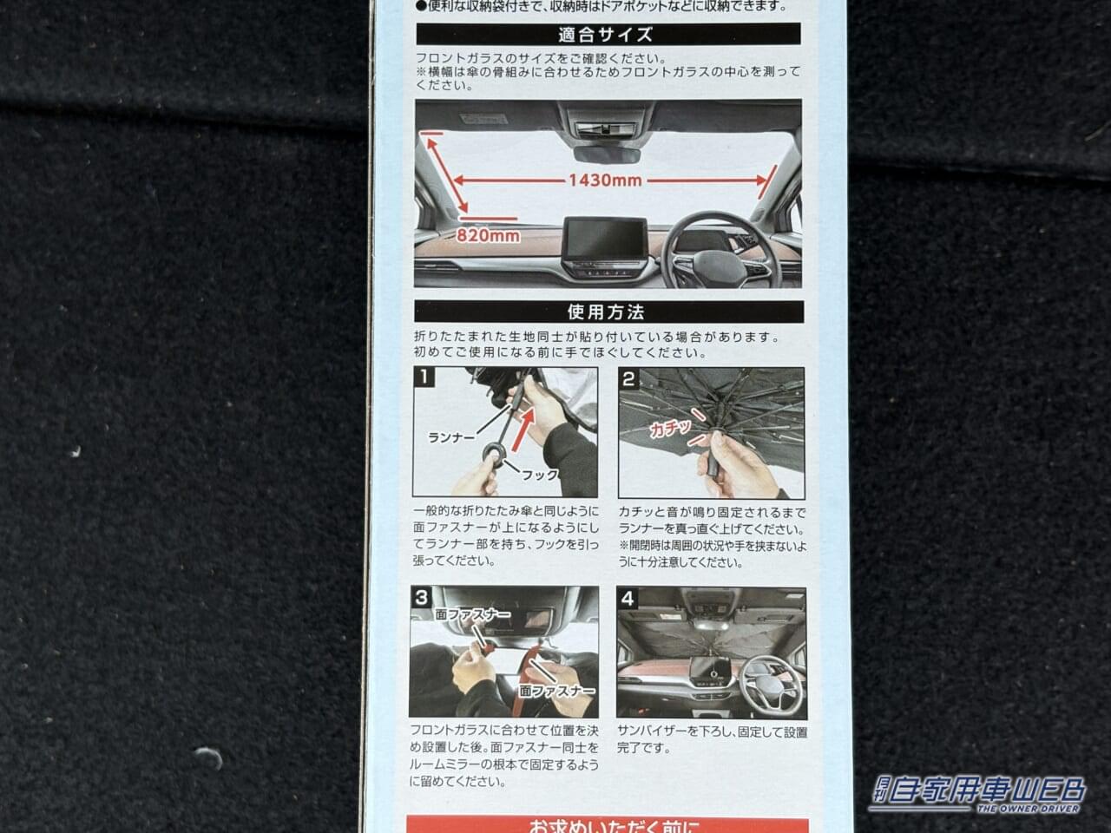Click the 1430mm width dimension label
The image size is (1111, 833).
(x=605, y=180)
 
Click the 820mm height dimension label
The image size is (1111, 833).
(x=490, y=235)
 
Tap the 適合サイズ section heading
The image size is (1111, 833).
(x=608, y=35)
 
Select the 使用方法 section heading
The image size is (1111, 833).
(x=608, y=312)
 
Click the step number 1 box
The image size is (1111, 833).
(x=424, y=377)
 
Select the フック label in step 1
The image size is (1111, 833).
(x=539, y=475)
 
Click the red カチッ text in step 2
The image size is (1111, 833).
(x=670, y=427)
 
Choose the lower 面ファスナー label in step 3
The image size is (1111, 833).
(x=556, y=691)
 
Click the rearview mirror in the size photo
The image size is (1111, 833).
(x=607, y=154)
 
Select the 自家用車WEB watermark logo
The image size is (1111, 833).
(x=978, y=793)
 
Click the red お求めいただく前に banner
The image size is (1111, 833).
(x=608, y=823)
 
